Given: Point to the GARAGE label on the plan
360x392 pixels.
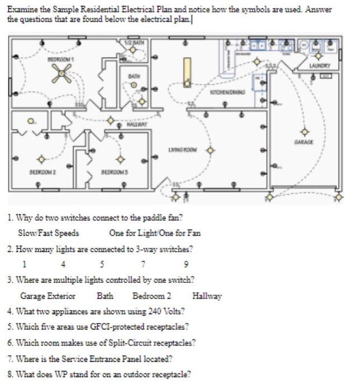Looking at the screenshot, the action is [304, 142].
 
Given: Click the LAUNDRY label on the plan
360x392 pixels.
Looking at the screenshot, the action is [320, 66].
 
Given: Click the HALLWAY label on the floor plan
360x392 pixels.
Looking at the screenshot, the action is [136, 124].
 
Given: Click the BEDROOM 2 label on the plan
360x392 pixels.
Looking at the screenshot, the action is [41, 172].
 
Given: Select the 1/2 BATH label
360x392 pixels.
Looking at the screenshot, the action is [134, 42].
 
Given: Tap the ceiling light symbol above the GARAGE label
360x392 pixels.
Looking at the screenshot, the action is [305, 132].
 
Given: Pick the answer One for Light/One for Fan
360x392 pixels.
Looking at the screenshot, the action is [155, 233].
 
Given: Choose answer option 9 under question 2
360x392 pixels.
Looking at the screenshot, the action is [186, 264].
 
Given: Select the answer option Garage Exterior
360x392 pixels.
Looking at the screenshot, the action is [48, 296].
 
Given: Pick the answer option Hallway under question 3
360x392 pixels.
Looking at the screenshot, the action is [207, 296].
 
